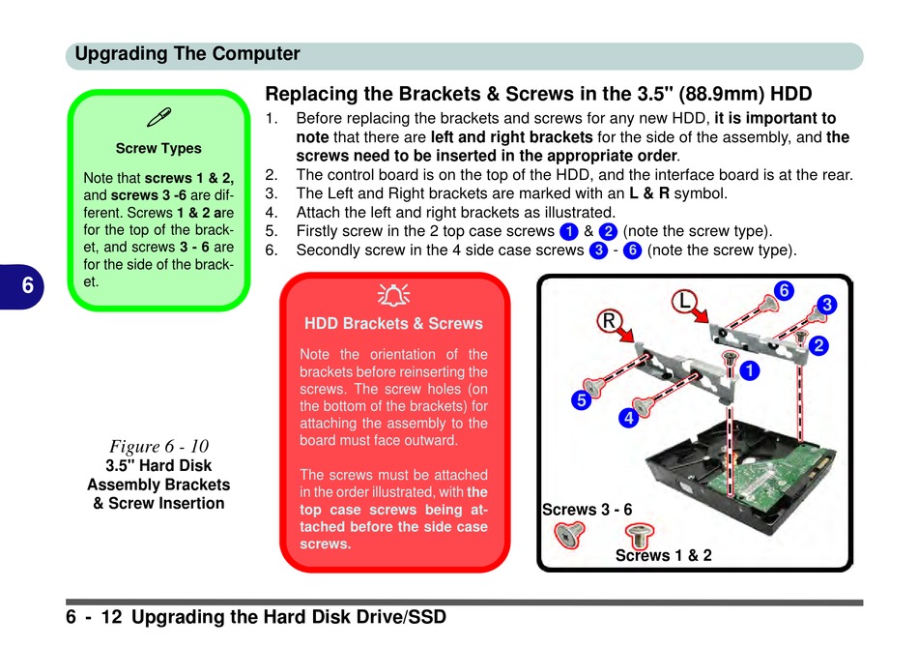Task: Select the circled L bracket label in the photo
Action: (686, 301)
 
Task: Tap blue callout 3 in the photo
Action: (826, 305)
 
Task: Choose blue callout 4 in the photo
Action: (628, 419)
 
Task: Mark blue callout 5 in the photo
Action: (580, 398)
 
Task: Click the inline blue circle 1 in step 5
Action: (568, 231)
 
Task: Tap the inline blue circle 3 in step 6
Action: (599, 250)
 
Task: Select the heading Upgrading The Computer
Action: (187, 54)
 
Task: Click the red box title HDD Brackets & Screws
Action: (393, 323)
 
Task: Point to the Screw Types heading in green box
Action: (158, 148)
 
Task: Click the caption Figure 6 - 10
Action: (158, 446)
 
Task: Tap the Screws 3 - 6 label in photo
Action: (587, 510)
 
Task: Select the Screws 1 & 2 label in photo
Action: (663, 555)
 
